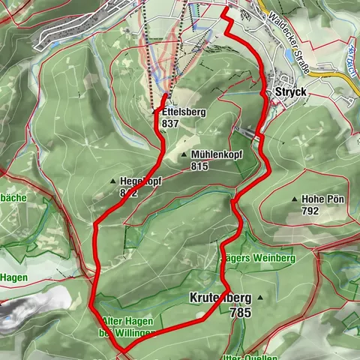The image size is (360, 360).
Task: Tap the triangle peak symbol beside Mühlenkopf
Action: coord(185,154)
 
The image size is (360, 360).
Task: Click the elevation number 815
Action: coord(199,166)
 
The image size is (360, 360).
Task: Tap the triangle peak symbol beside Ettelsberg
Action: coord(155,112)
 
